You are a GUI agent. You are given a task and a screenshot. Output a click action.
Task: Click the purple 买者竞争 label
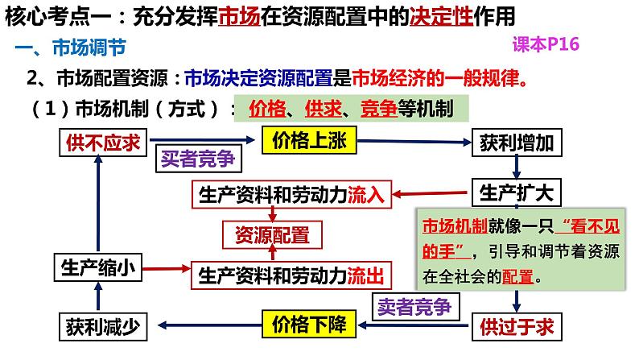point(198,159)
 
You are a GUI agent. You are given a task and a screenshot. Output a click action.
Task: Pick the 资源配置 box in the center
point(272,235)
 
